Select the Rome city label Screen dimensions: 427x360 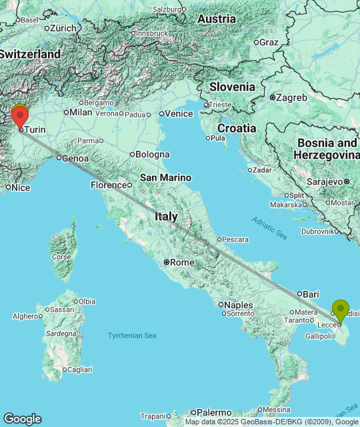[x=182, y=262]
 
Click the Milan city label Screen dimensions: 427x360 [x=81, y=112]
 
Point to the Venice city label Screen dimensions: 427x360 [x=179, y=114]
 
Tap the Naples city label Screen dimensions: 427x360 [x=239, y=305]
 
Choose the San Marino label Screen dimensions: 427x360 [x=165, y=177]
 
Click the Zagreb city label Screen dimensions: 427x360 [x=293, y=97]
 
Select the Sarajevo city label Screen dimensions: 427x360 [x=325, y=181]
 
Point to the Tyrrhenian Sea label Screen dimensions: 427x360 [x=132, y=335]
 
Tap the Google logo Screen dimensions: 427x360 [x=22, y=419]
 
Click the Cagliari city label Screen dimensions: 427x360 [x=79, y=369]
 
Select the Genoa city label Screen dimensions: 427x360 [x=75, y=159]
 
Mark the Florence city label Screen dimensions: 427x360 [x=109, y=185]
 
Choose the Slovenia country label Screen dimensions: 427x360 [x=232, y=87]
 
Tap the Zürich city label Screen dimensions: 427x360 [x=63, y=29]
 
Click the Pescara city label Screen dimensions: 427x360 [x=235, y=240]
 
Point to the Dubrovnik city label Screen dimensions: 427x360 [x=317, y=232]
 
